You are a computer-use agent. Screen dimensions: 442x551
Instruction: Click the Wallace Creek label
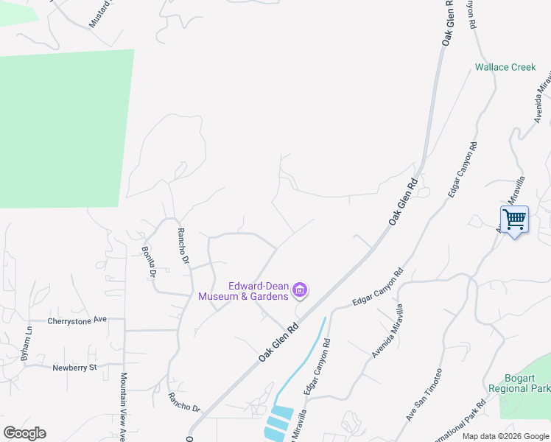(505, 67)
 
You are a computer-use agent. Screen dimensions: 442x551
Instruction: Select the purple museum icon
(300, 291)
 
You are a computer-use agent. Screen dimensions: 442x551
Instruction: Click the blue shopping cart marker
(514, 218)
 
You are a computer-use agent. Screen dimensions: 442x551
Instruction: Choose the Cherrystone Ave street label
(77, 320)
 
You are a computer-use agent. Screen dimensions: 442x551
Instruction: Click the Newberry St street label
(74, 367)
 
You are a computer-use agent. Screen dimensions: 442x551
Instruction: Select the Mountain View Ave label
(123, 406)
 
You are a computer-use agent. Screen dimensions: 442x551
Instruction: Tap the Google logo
(24, 433)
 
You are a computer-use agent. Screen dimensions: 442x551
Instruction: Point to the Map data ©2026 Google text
(505, 436)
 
